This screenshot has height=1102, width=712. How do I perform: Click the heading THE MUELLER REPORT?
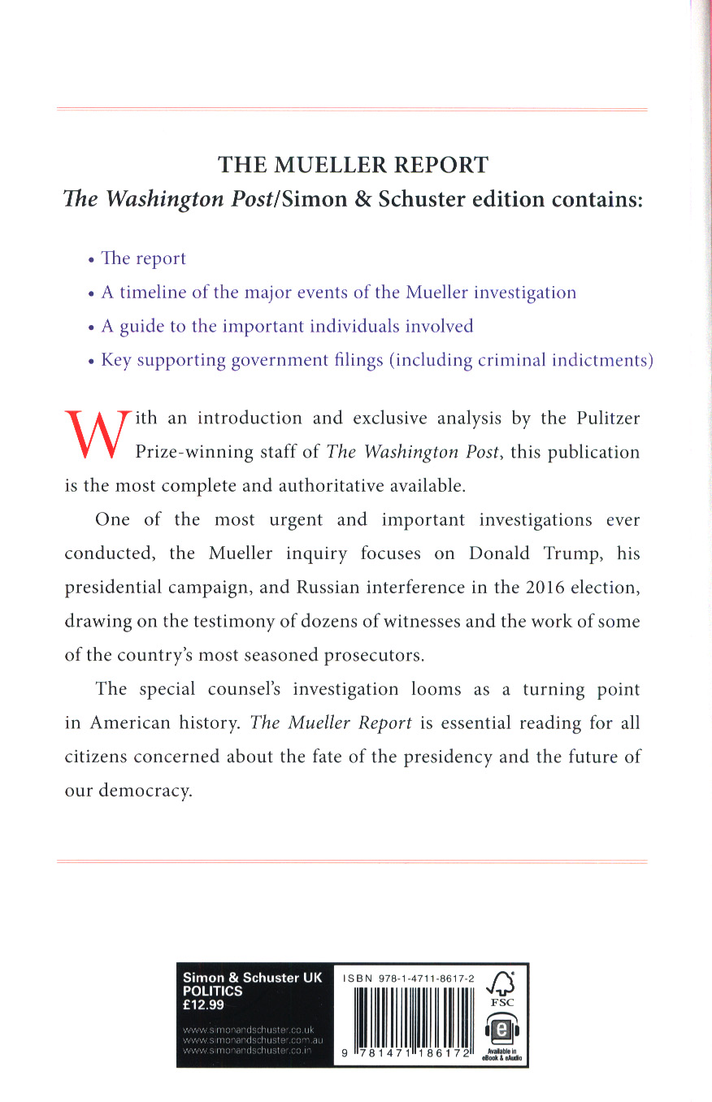[353, 165]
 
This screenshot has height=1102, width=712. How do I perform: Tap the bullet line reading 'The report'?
[142, 258]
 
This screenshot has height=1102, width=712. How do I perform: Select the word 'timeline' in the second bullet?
[153, 293]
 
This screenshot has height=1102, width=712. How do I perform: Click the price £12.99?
[204, 1004]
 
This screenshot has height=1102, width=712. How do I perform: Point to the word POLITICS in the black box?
[213, 991]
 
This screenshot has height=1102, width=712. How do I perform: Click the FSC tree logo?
[501, 987]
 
